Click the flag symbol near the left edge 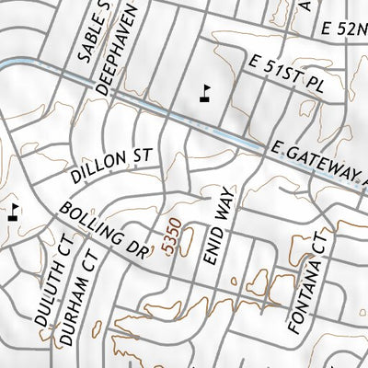(13, 213)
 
